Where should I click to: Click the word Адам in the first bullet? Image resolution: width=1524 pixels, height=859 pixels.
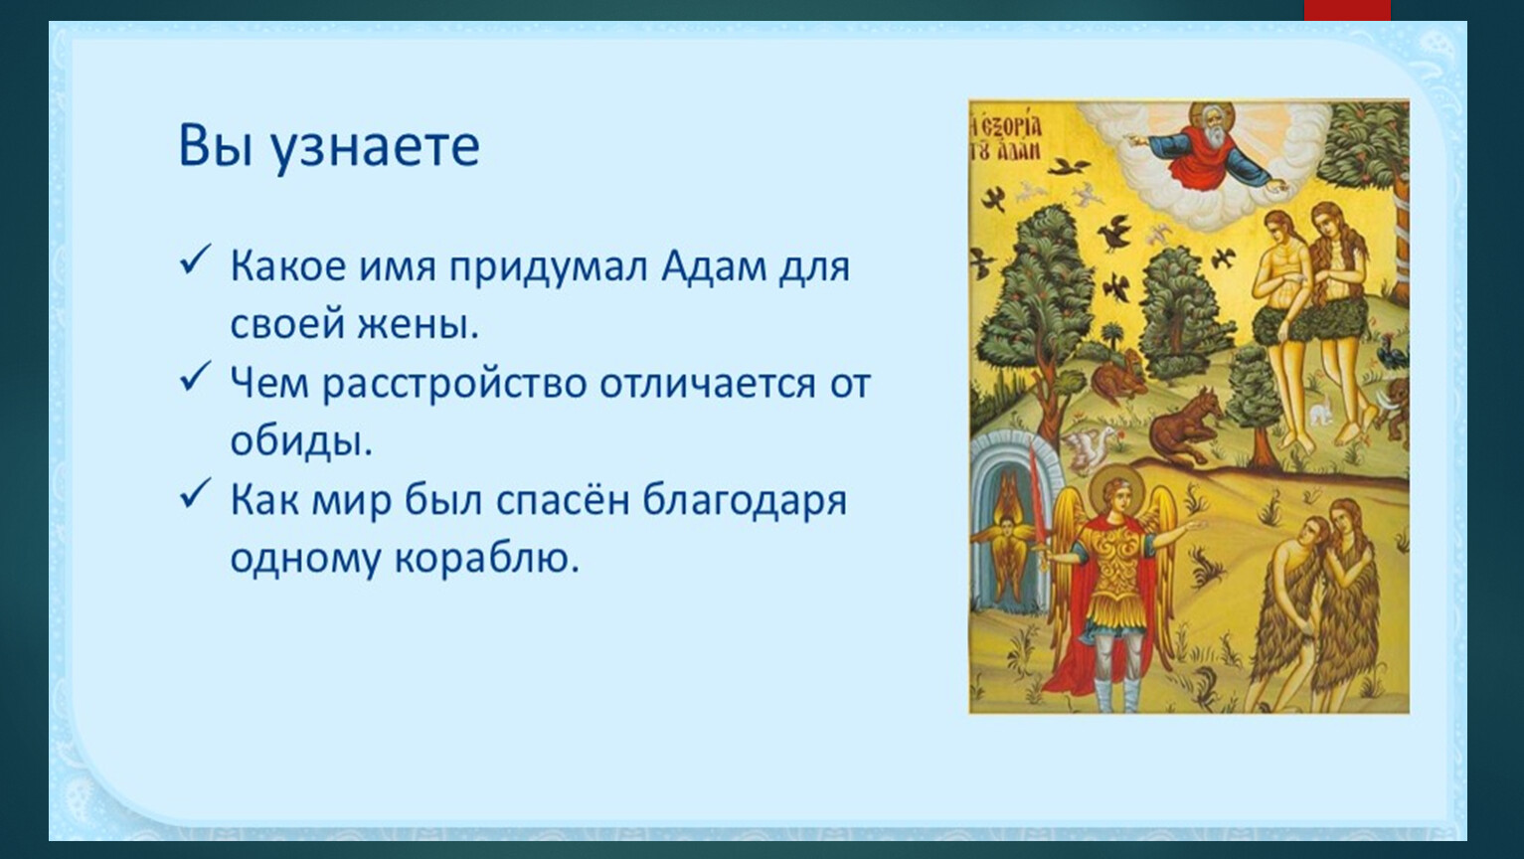pyautogui.click(x=714, y=266)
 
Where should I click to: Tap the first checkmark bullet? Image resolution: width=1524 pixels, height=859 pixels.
pyautogui.click(x=195, y=260)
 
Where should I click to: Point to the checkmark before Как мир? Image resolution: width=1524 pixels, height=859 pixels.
pyautogui.click(x=195, y=494)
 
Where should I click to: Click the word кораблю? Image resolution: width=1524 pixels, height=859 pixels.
pyautogui.click(x=487, y=561)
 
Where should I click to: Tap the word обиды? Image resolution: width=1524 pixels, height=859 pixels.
pyautogui.click(x=301, y=440)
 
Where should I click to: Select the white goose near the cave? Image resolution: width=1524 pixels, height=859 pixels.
pyautogui.click(x=1088, y=449)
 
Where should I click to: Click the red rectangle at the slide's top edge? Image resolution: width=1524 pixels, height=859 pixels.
pyautogui.click(x=1347, y=10)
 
